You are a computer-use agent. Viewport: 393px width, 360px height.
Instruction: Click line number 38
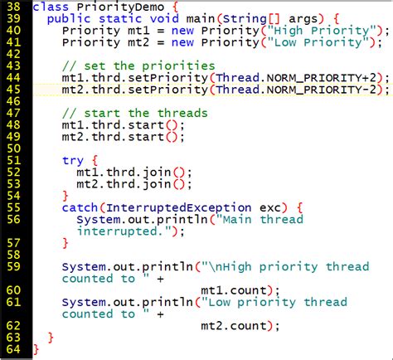13,7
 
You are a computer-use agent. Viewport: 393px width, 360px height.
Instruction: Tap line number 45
13,90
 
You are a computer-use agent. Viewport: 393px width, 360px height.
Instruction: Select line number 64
13,349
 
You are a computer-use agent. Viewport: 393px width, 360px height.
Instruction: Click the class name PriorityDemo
120,7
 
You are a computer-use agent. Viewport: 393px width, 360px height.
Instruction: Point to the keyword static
120,19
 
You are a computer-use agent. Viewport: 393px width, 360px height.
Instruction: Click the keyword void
164,19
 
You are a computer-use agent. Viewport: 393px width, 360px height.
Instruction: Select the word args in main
303,19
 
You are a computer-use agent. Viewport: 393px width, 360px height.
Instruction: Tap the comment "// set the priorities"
138,66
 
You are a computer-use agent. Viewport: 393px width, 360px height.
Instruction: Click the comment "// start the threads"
135,114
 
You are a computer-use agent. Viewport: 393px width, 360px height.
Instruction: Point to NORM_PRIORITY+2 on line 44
322,78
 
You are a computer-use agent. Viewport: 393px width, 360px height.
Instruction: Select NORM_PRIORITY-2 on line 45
322,90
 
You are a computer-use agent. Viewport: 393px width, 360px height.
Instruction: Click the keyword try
73,161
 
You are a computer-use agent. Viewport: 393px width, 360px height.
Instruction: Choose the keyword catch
80,207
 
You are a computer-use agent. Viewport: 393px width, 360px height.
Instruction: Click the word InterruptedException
179,208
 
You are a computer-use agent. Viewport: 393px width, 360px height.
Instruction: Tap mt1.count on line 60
234,290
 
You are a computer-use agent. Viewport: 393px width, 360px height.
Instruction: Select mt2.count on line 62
234,326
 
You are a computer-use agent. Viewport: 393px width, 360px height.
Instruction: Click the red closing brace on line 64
36,350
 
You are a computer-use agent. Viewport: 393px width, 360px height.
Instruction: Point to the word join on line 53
157,184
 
